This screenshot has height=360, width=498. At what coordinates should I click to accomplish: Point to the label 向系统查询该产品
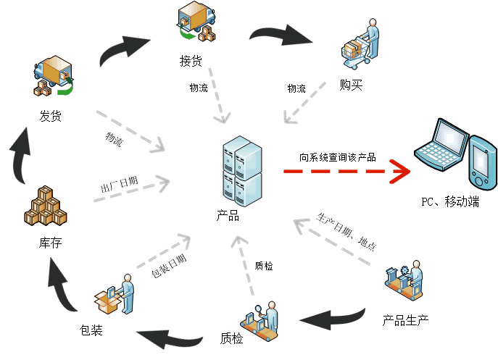pos(337,156)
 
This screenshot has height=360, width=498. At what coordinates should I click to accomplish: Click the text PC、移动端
pos(449,201)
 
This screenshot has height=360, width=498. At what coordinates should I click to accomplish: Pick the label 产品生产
pos(406,319)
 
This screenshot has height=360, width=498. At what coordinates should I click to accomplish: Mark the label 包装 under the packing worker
pos(91,331)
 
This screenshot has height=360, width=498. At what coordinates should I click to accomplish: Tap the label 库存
pos(50,243)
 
